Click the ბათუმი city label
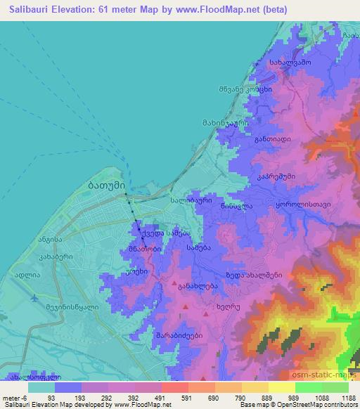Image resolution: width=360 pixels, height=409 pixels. pos(106,186)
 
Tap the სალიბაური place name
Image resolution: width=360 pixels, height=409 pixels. pos(190,200)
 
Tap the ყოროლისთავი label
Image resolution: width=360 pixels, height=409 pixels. pos(302,203)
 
